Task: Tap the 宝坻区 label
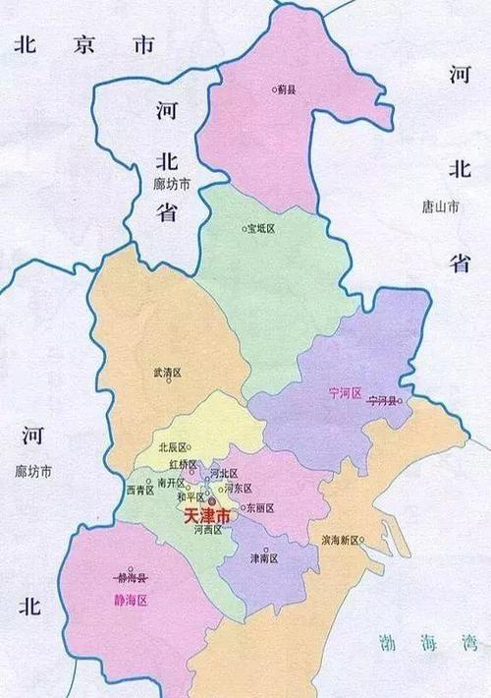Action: pyautogui.click(x=262, y=228)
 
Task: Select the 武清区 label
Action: pyautogui.click(x=168, y=374)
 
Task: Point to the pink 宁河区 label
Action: pyautogui.click(x=346, y=392)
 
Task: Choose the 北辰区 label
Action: pyautogui.click(x=174, y=447)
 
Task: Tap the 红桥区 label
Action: pyautogui.click(x=184, y=463)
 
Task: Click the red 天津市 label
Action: pyautogui.click(x=207, y=515)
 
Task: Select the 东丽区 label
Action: pyautogui.click(x=262, y=508)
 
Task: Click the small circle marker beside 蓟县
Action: pyautogui.click(x=275, y=89)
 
